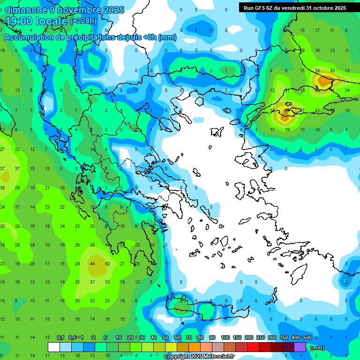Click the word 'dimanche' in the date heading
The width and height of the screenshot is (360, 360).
tap(25, 10)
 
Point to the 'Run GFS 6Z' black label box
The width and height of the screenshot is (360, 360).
tap(295, 7)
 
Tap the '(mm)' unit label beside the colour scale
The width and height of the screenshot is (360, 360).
tap(317, 348)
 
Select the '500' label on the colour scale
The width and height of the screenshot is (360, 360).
tap(307, 338)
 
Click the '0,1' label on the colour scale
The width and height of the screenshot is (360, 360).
tap(60, 338)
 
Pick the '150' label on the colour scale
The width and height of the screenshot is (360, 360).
tap(237, 338)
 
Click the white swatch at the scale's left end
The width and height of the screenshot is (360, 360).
tap(54, 347)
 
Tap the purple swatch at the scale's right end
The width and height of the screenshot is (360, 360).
tap(300, 347)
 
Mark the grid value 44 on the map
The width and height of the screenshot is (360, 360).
tap(92, 264)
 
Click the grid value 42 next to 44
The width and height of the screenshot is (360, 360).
tap(107, 264)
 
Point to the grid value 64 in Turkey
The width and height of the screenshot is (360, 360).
tap(287, 111)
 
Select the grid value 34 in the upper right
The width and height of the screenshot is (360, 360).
tap(317, 71)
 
